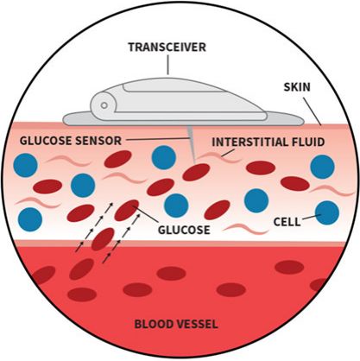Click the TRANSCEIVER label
167,47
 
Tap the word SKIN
297,87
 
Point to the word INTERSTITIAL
249,142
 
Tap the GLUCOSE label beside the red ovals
184,230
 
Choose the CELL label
287,222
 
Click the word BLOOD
154,325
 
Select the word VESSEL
197,325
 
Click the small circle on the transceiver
104,105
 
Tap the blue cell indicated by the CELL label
327,212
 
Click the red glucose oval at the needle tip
196,172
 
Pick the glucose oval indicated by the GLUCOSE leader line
127,210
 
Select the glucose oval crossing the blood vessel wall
103,239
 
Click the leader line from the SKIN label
313,111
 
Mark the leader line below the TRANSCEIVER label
167,65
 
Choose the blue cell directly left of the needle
164,157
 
